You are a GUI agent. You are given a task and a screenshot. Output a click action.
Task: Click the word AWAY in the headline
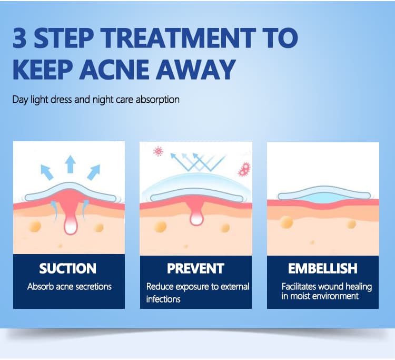tap(195, 70)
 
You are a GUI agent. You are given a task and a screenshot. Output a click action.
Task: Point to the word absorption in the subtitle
tap(157, 100)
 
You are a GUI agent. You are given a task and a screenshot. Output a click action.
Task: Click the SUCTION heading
tap(68, 268)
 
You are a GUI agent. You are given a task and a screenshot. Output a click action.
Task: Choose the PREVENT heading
tap(195, 268)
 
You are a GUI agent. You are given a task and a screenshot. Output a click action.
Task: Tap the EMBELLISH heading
tap(323, 268)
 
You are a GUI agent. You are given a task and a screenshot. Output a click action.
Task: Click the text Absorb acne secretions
tap(70, 287)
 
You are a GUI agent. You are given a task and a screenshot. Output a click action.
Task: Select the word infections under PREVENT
tap(163, 299)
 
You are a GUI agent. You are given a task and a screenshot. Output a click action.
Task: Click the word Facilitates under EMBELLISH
tap(299, 287)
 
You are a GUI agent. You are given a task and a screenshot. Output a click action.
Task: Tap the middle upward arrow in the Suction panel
tap(70, 164)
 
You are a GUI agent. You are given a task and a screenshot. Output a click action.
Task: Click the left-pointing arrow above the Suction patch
tap(46, 172)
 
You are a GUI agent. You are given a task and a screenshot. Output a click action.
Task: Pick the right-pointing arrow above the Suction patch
tap(94, 172)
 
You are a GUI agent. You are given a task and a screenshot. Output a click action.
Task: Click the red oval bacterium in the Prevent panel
tap(244, 169)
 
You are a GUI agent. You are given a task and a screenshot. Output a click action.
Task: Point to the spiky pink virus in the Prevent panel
tap(158, 151)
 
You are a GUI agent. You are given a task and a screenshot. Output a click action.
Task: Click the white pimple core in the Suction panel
tap(71, 226)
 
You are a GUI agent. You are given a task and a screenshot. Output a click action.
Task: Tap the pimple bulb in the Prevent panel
tap(196, 218)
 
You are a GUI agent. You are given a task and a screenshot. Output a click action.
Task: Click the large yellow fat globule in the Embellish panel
tap(287, 222)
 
